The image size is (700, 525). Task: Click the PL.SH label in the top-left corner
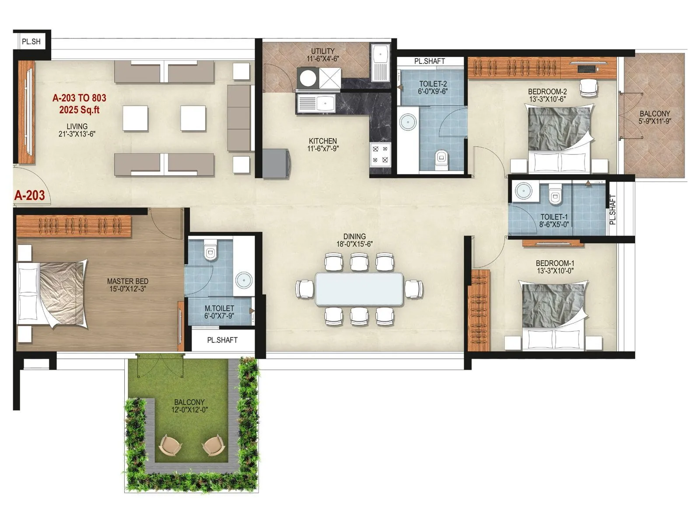pos(31,42)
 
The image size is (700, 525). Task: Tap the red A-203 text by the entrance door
pos(29,195)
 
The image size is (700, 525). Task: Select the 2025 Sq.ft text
pos(79,109)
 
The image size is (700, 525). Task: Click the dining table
pos(359,289)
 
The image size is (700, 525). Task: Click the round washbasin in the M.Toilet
pos(244,279)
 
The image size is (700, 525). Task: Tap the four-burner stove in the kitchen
pos(380,154)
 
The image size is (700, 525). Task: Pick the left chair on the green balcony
pos(170,446)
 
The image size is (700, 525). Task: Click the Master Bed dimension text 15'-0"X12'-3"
pos(127,289)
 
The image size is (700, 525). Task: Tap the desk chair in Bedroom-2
pos(588,88)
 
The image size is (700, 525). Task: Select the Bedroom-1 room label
pos(555,263)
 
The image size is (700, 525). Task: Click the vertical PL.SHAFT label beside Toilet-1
pos(612,210)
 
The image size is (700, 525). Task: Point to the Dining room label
pos(354,236)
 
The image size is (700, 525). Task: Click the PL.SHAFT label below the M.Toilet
pos(222,340)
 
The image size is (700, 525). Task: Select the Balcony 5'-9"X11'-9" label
pos(654,117)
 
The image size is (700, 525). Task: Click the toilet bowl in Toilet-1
pos(555,195)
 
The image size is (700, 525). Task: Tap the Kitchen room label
pos(323,141)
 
